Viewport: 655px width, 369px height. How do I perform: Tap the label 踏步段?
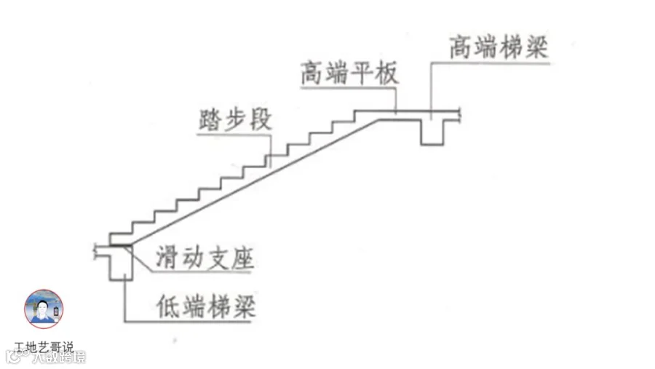pos(234,119)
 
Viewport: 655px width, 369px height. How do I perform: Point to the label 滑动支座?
pos(204,259)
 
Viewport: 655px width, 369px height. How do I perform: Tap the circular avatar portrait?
pos(44,309)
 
